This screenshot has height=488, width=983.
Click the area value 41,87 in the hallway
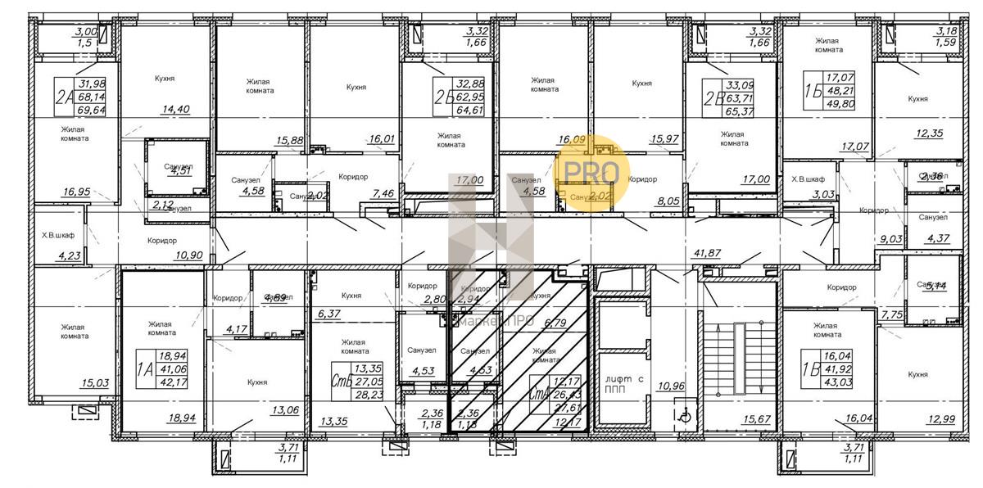[706, 254]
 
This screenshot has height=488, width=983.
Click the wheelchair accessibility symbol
[686, 416]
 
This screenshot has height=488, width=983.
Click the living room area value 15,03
[74, 382]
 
